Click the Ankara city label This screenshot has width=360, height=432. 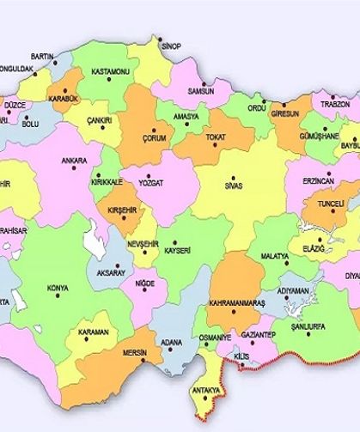click(x=74, y=160)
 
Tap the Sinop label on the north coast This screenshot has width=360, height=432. click(x=171, y=46)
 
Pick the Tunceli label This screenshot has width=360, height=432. click(x=326, y=205)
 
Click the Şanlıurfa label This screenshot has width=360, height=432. click(x=309, y=328)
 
